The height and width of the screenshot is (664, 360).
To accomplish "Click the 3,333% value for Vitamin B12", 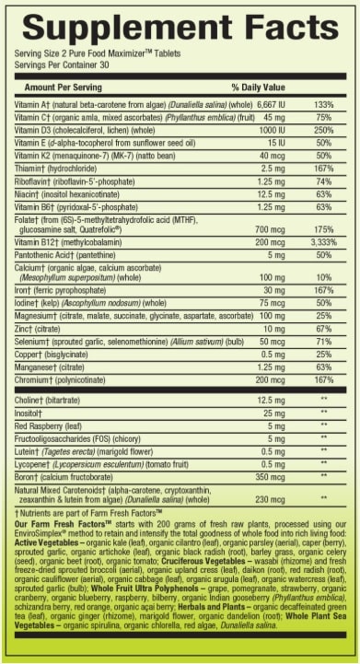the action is [x=322, y=242].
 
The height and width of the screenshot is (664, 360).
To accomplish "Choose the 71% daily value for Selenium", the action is [x=323, y=341].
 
